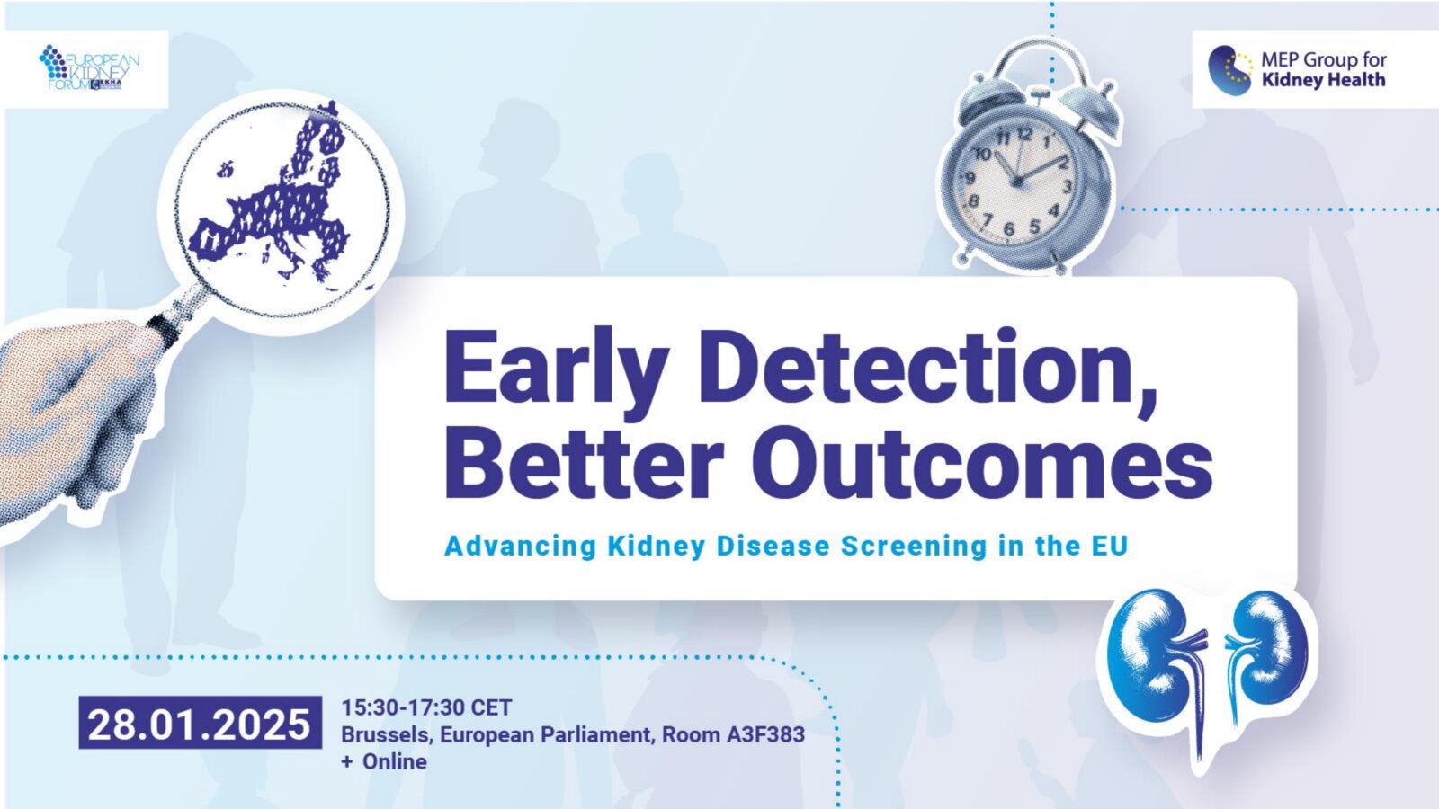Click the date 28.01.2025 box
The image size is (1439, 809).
tap(200, 723)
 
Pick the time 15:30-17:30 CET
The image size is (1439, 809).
tap(426, 707)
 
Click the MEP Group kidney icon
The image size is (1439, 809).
tap(1230, 70)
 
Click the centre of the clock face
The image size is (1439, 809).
tap(1017, 182)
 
